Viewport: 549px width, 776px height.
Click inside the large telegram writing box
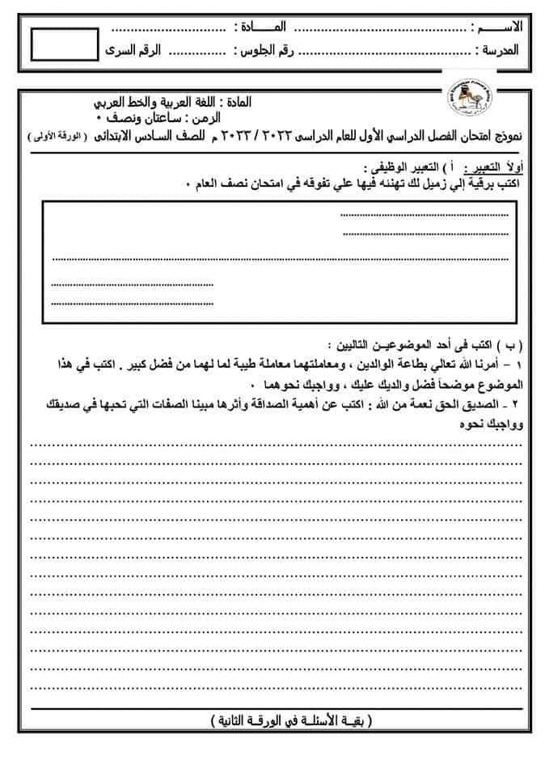coord(279,259)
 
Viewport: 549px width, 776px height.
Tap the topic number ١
coord(518,363)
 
